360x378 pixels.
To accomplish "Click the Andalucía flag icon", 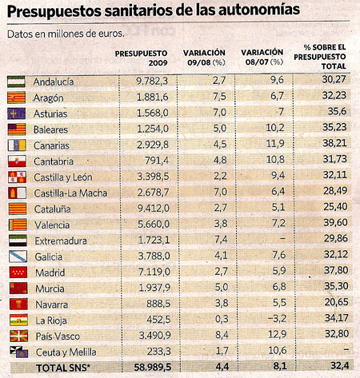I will (x=18, y=81).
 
